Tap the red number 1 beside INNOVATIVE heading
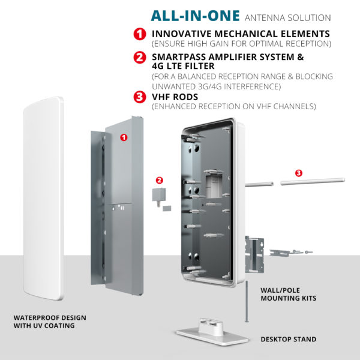(139, 35)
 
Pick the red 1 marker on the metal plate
(124, 137)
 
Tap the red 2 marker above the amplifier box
(159, 179)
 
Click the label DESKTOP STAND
(288, 339)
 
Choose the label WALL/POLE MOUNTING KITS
(288, 293)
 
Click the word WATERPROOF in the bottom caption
(37, 317)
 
